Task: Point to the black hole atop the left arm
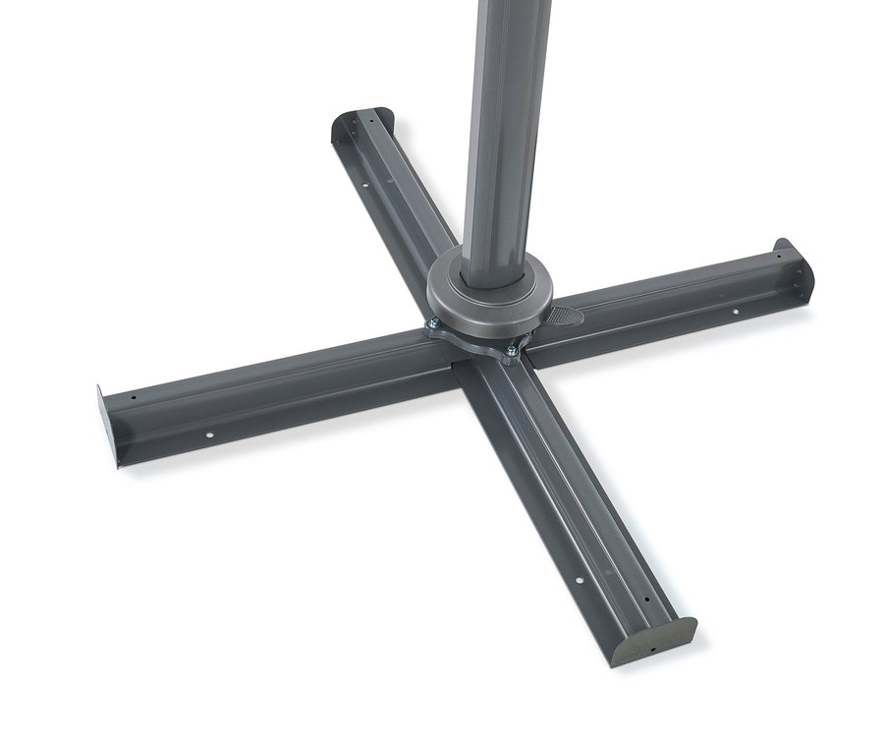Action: [134, 397]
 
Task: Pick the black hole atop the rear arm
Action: [371, 125]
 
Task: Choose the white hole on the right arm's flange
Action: [735, 313]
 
